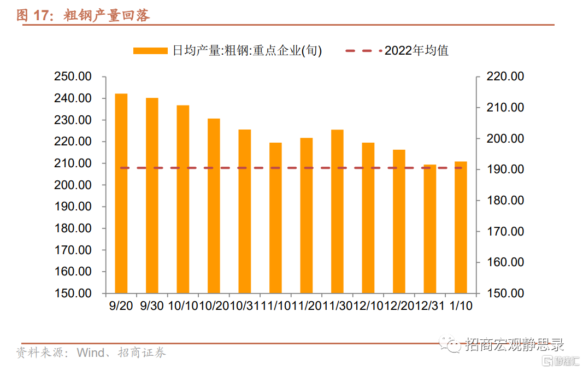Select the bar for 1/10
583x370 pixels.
(461, 227)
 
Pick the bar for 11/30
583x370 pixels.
(337, 211)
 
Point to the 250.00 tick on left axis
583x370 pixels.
(73, 77)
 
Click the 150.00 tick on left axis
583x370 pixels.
(73, 293)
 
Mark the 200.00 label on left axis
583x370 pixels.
(73, 185)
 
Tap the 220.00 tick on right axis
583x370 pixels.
(505, 77)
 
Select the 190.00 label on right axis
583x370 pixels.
(505, 169)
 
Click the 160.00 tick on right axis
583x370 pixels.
(505, 262)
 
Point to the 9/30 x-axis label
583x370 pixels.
(152, 306)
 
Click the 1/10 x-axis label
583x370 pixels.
(461, 306)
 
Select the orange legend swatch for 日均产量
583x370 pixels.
(150, 51)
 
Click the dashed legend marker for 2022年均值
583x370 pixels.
(363, 51)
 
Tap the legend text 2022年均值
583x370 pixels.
(416, 51)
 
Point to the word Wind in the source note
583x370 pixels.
(90, 353)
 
